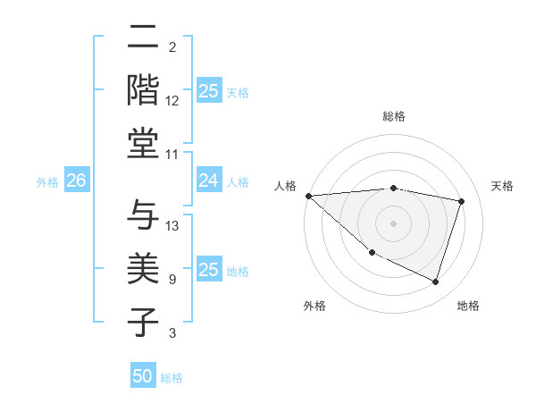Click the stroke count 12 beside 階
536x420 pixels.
tap(172, 101)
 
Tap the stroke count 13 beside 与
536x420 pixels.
tap(172, 226)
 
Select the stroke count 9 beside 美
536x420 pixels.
tap(172, 280)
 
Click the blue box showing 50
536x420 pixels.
tap(143, 376)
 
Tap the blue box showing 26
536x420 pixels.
tap(76, 181)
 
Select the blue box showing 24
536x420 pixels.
tap(208, 181)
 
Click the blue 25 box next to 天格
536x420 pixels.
tap(208, 91)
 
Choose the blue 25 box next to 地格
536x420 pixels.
tap(208, 270)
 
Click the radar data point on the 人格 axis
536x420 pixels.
tap(308, 196)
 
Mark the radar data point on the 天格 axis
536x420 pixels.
tap(461, 201)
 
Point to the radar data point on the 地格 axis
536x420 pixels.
tap(435, 282)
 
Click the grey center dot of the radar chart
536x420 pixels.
tap(393, 223)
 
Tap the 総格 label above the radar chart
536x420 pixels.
tap(394, 116)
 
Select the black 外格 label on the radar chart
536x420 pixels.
tap(314, 307)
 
